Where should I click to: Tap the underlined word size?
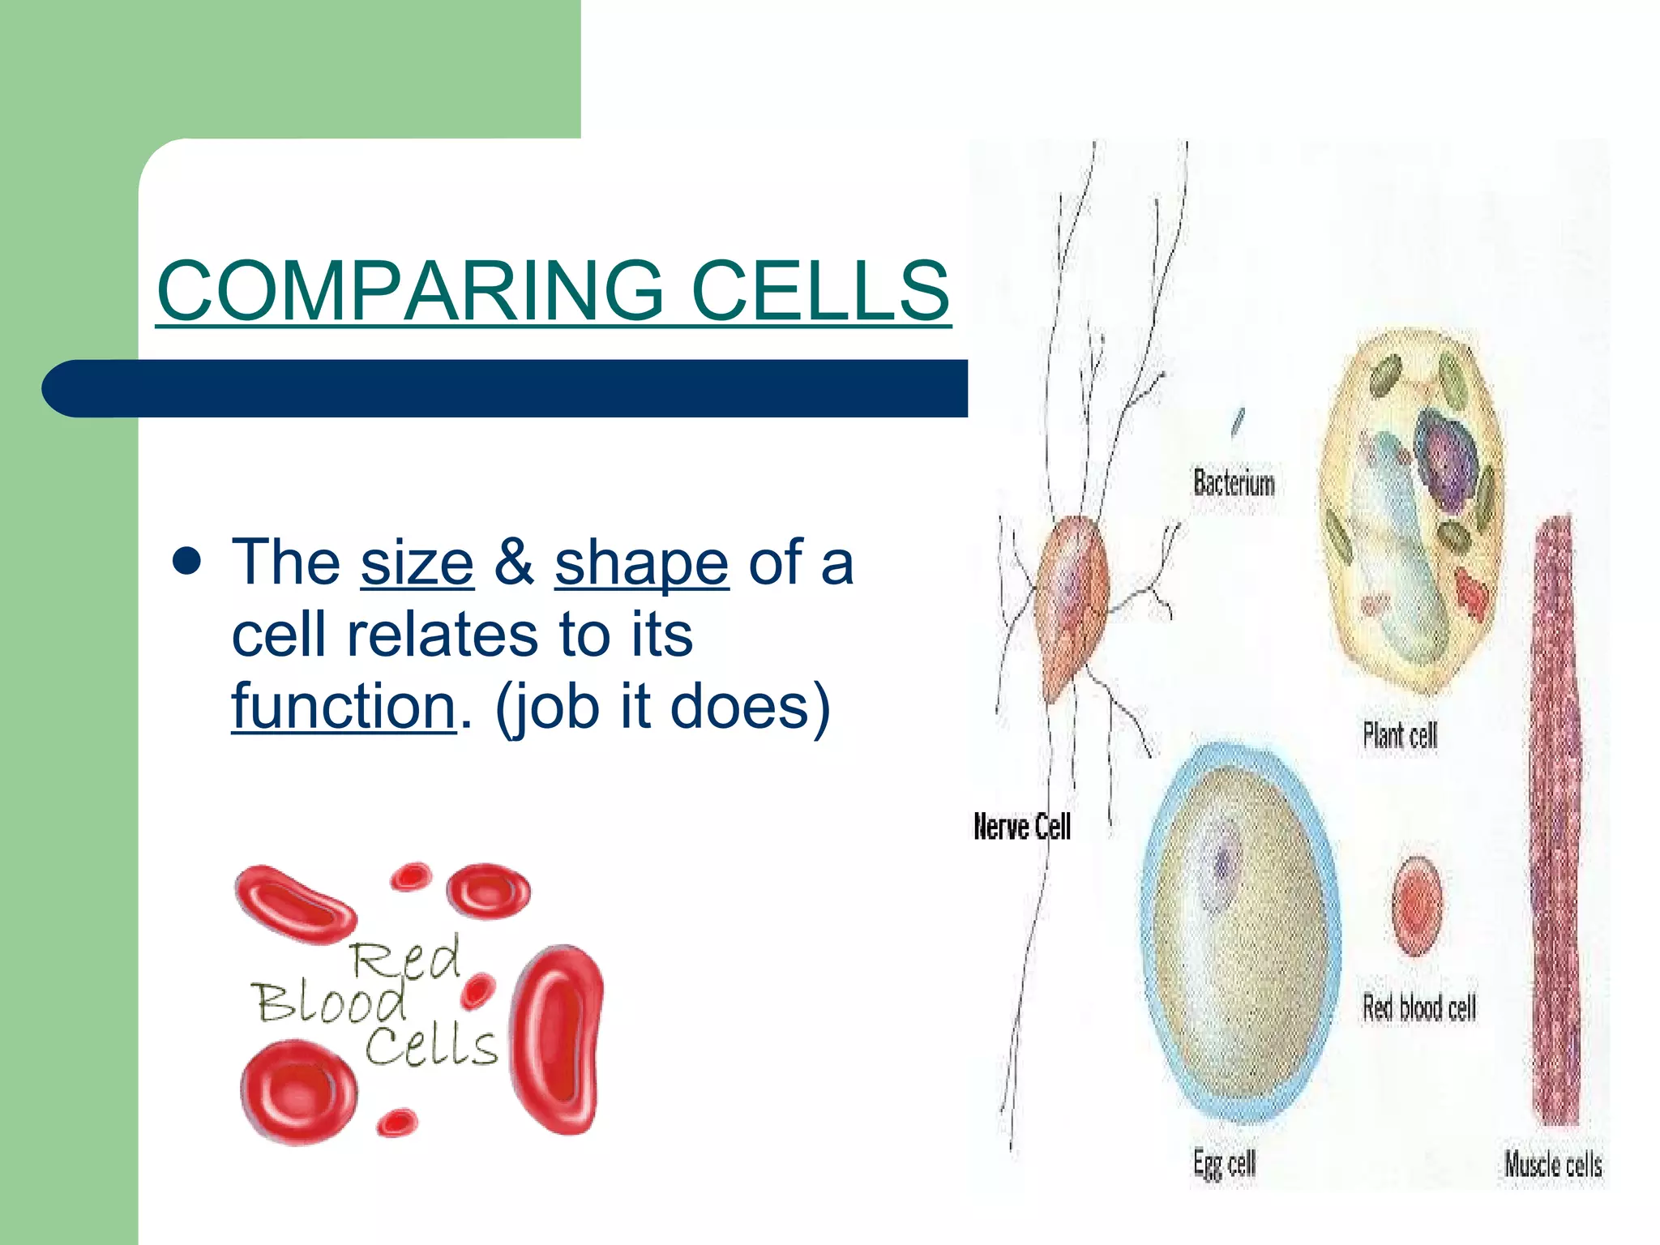tap(417, 563)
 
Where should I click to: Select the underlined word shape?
tap(641, 564)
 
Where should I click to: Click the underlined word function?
tap(344, 707)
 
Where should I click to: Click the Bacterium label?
tap(1233, 484)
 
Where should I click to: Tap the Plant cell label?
tap(1399, 736)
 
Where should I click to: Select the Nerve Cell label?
tap(1021, 827)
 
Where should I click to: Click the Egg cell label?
tap(1223, 1164)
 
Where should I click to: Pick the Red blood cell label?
tap(1418, 1008)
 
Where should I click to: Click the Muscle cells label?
tap(1552, 1165)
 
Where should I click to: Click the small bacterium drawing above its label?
tap(1237, 421)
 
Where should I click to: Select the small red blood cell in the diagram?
tap(1416, 905)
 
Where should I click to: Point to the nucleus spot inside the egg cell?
tap(1224, 864)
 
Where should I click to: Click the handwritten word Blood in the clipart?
tap(330, 1003)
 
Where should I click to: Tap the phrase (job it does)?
tap(662, 707)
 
